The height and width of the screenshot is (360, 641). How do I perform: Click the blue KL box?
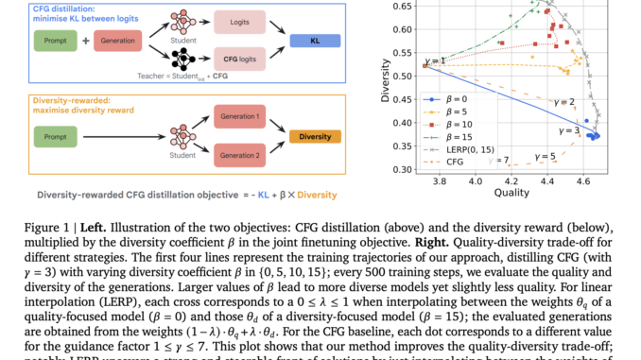[315, 42]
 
